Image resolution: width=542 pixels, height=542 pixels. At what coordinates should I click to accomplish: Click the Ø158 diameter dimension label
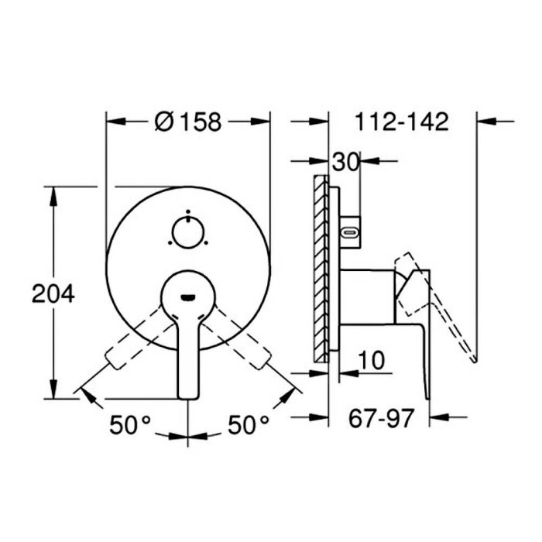coord(187,122)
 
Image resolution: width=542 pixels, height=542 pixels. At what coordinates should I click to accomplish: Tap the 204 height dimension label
coord(53,293)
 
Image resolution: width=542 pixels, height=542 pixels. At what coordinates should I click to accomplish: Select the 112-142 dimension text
coord(402,122)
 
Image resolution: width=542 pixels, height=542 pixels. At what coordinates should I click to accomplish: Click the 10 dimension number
coord(371,360)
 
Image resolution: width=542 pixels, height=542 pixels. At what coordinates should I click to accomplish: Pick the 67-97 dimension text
coord(381,418)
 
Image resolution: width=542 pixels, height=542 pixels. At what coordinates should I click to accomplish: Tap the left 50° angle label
coord(130,424)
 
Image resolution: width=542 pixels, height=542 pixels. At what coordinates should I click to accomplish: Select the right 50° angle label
coord(249,424)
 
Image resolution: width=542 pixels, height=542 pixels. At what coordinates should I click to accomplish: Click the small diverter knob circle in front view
coord(188,232)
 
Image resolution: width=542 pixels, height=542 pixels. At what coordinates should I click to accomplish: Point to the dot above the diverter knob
coord(188,211)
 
